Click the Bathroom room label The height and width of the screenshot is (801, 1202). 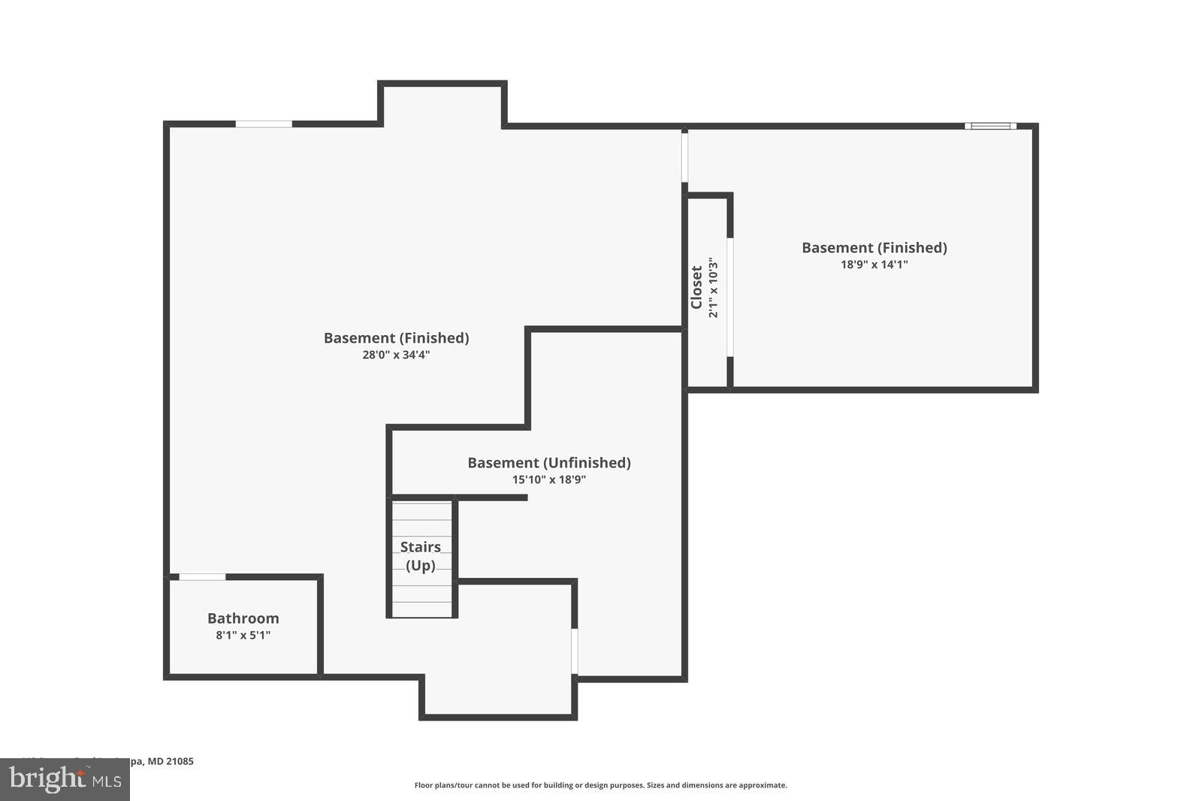point(243,618)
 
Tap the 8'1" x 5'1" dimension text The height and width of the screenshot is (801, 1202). point(243,636)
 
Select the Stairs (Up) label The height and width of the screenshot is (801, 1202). point(420,556)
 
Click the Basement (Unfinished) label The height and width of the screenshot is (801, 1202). point(549,463)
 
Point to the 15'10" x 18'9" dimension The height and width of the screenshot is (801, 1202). point(549,480)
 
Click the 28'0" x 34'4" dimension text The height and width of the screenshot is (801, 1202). point(396,355)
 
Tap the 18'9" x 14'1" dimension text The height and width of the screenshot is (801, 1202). point(874,264)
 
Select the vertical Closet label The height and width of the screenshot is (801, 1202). point(696,287)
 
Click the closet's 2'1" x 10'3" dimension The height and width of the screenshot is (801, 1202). point(714,288)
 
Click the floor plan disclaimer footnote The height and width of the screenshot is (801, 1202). point(600,785)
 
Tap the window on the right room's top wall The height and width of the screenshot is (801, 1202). point(990,126)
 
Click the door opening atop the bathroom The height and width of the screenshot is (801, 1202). point(202,577)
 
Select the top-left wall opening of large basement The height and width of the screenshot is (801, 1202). point(264,124)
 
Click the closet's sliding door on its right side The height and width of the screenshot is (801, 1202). point(729,297)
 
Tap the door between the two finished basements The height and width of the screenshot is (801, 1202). point(684,156)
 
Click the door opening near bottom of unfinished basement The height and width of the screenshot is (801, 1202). point(575,651)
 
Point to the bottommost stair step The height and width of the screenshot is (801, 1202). point(421,609)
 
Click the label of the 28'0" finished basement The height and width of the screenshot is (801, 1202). point(396,338)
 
